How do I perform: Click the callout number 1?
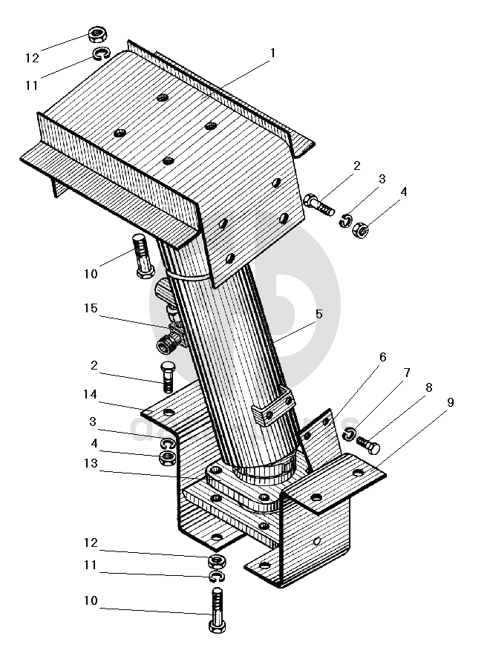[273, 53]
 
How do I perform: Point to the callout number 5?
[318, 314]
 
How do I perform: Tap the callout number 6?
[382, 357]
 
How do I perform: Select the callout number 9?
[450, 403]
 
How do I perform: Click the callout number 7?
[408, 373]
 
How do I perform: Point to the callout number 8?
[428, 387]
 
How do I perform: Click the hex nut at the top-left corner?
[97, 34]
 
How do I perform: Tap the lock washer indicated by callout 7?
[351, 434]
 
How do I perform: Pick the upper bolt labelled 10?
[143, 255]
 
